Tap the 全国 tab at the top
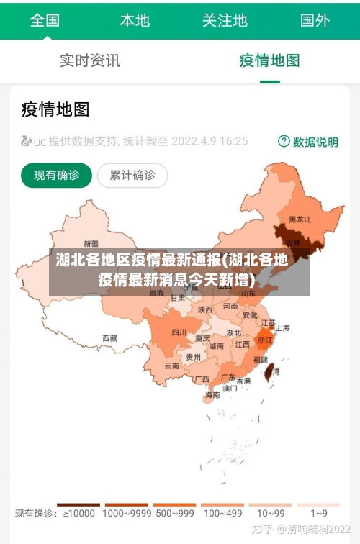point(45,19)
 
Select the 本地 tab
point(135,19)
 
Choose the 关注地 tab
point(225,19)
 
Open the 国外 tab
point(315,19)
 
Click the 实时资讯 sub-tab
point(90,60)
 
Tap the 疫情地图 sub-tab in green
point(269,60)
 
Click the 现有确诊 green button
point(57,175)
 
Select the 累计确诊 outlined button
point(132,175)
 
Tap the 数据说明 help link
point(308,142)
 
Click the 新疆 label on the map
point(91,243)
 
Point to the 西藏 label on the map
point(109,337)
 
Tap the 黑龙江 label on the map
point(300,219)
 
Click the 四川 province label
point(179,332)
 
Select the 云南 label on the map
point(171,366)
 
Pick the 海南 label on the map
point(212,395)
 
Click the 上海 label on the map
point(282,328)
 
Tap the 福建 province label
point(260,358)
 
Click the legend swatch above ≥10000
point(78,504)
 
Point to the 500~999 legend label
point(174,514)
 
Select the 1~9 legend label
point(319,514)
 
